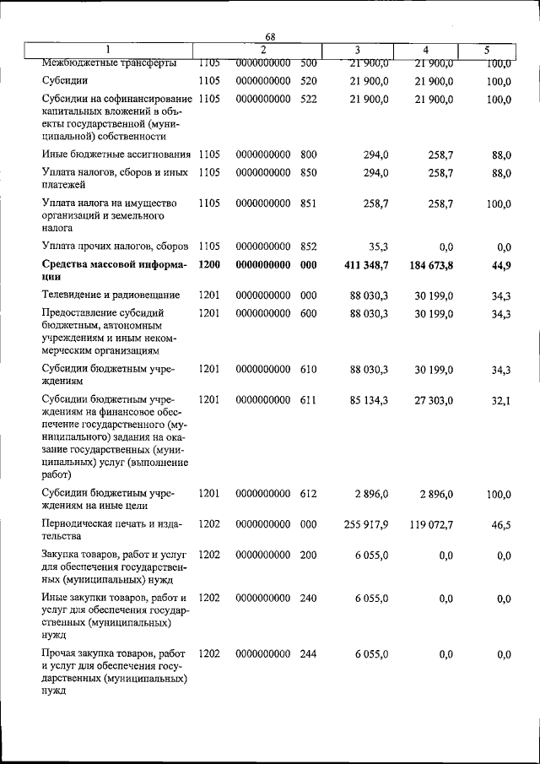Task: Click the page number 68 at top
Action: [271, 36]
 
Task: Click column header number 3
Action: [358, 50]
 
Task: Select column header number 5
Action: [487, 50]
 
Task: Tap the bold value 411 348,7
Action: [365, 266]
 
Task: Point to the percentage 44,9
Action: [502, 266]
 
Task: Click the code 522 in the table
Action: [308, 100]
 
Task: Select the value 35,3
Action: [376, 247]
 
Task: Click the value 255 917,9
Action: [365, 524]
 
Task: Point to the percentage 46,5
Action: [502, 524]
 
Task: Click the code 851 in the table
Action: [308, 204]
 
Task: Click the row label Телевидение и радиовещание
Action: [111, 295]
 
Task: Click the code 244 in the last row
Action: [308, 654]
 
